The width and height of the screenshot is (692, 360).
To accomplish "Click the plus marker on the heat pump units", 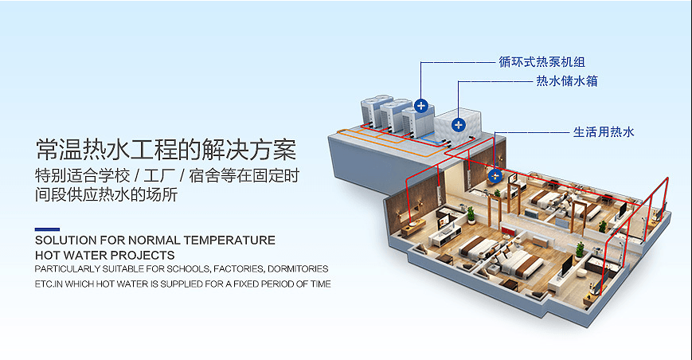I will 420,104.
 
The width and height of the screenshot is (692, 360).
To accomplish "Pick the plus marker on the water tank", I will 459,124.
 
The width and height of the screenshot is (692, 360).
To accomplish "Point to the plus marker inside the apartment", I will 495,175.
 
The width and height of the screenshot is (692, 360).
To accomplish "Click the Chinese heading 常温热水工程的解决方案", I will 166,150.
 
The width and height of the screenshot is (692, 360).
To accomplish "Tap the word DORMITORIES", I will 298,269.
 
